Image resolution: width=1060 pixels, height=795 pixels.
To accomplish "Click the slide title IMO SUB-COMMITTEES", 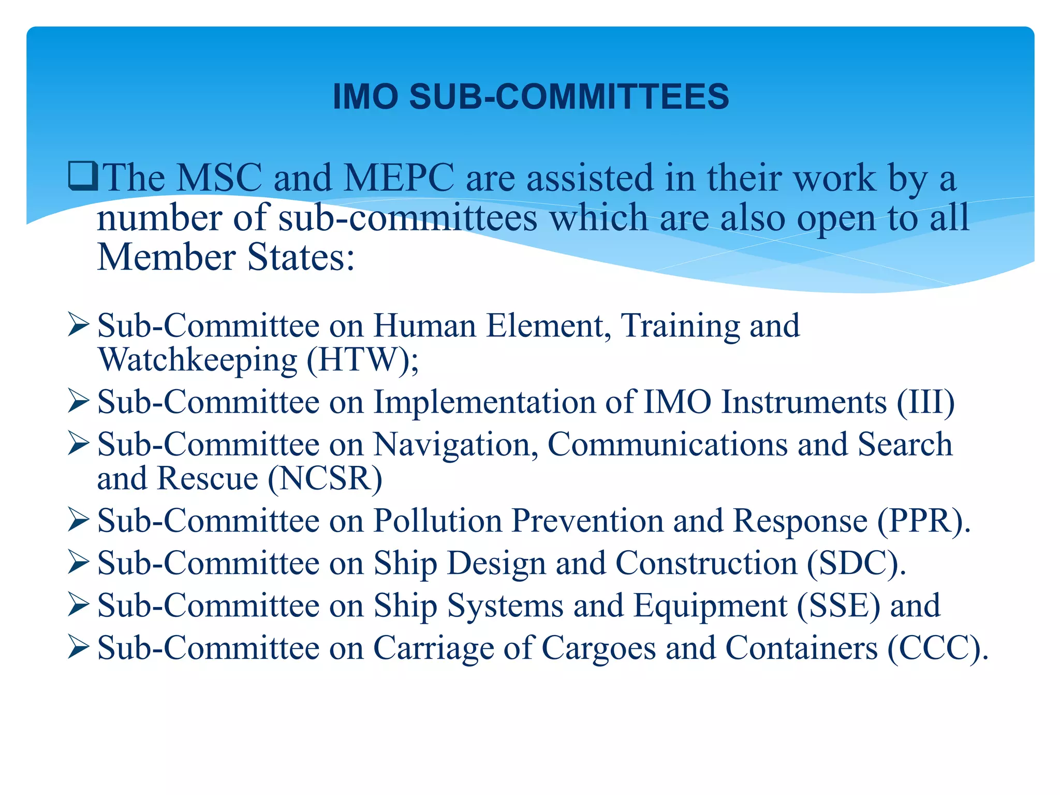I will (531, 97).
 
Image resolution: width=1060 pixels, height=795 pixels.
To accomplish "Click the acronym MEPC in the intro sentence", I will (399, 178).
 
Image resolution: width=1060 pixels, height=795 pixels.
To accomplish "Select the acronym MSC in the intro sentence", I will (219, 178).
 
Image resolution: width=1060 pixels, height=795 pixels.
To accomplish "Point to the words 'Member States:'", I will (226, 257).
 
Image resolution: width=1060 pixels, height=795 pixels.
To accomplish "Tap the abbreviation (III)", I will (925, 402).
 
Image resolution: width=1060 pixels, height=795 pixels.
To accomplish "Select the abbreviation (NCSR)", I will (325, 478).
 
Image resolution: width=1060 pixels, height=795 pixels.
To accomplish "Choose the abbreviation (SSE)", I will (838, 606).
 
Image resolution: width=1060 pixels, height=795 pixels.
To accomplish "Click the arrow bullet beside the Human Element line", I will (79, 326).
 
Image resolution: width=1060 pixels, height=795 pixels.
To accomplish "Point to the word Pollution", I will (437, 521).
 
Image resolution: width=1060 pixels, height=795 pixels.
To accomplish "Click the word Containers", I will (801, 648).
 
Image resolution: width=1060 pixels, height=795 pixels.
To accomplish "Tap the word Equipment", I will (710, 607).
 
